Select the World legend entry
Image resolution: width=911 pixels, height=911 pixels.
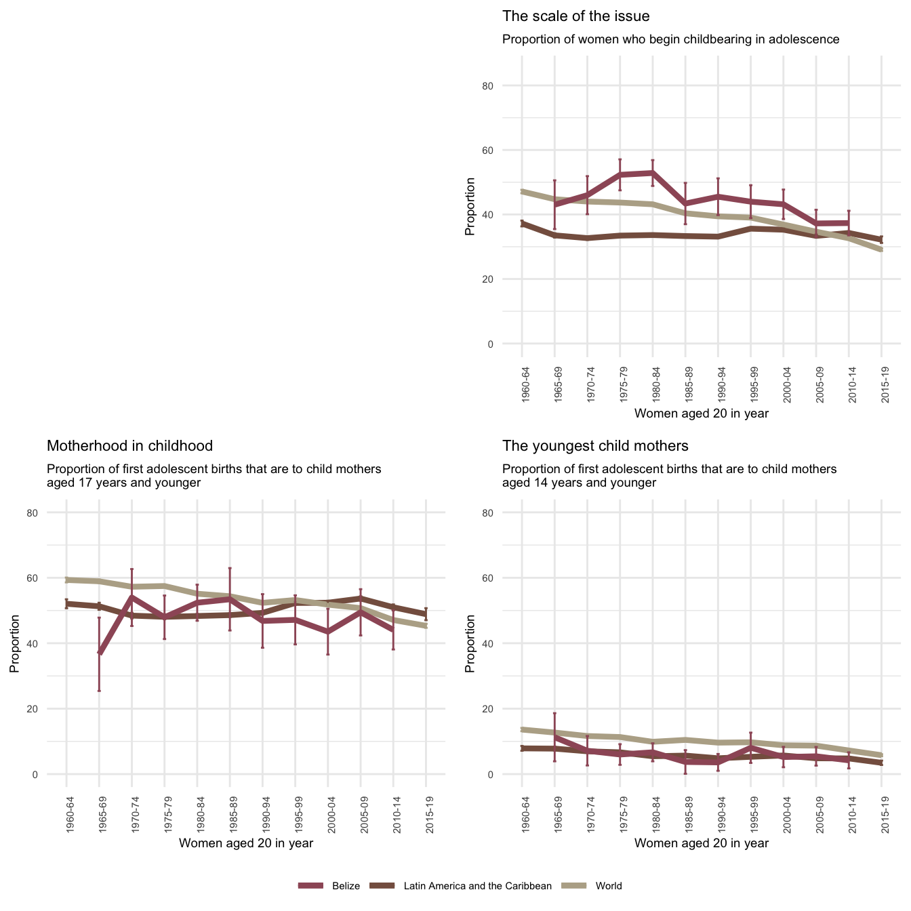click(609, 886)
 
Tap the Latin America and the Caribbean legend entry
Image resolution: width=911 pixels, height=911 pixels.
click(477, 886)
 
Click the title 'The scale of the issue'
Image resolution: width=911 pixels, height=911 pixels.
click(575, 16)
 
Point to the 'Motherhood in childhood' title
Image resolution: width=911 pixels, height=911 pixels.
click(129, 446)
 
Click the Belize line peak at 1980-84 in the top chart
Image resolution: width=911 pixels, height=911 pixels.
click(652, 173)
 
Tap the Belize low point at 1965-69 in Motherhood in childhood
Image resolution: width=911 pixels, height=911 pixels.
click(100, 653)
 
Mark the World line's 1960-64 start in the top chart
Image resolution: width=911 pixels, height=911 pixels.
click(522, 192)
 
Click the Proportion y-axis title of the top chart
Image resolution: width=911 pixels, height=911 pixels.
click(470, 207)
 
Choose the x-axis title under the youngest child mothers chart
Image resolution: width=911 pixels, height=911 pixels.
click(702, 843)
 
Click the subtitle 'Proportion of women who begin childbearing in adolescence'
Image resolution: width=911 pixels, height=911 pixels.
click(670, 39)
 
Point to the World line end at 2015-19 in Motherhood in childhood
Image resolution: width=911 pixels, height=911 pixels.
click(426, 626)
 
